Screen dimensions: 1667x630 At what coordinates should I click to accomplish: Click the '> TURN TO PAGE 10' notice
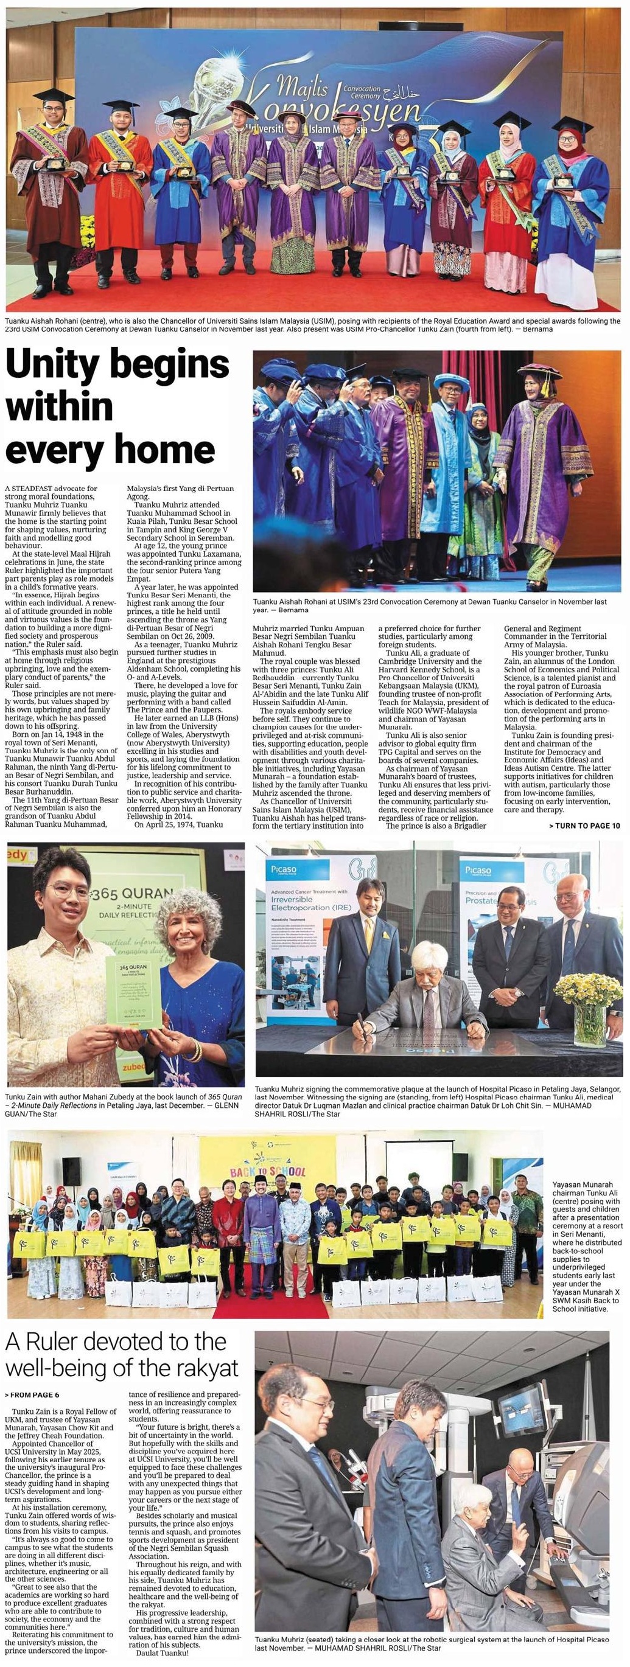(584, 826)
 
